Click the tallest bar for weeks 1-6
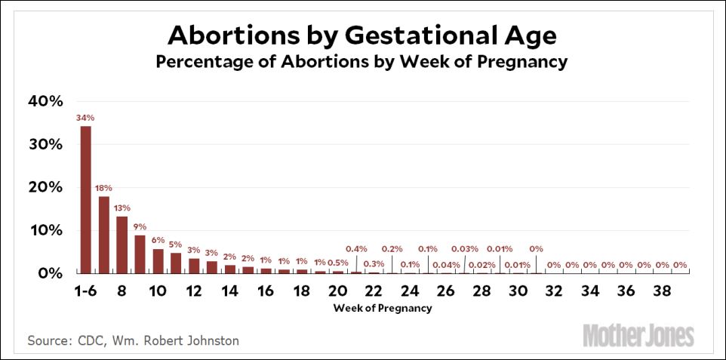[x=86, y=199]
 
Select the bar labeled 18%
[x=104, y=235]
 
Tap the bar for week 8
[x=122, y=245]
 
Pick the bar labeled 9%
[x=140, y=254]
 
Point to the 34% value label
[x=85, y=118]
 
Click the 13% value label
[x=122, y=208]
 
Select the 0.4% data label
[x=356, y=248]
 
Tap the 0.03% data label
[x=464, y=248]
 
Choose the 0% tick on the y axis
[x=50, y=273]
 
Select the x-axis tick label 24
[x=410, y=291]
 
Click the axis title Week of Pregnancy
[x=383, y=308]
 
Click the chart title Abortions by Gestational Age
[x=361, y=35]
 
